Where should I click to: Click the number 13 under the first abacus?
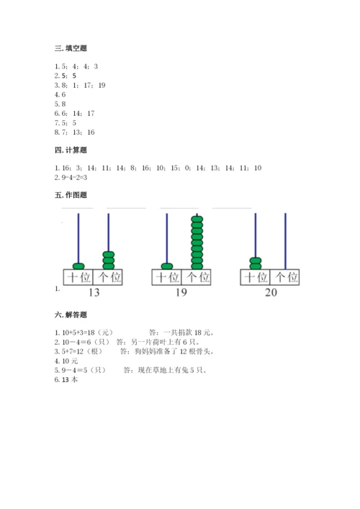coord(93,292)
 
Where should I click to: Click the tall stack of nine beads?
coord(197,241)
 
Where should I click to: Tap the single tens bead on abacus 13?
coord(78,265)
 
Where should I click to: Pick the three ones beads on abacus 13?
coord(109,259)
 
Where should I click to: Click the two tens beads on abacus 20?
coord(255,262)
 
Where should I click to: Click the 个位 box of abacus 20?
coord(284,277)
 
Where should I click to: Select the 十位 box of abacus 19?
coord(166,277)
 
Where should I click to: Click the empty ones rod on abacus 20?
coord(285,241)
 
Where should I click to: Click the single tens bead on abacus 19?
coord(166,265)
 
